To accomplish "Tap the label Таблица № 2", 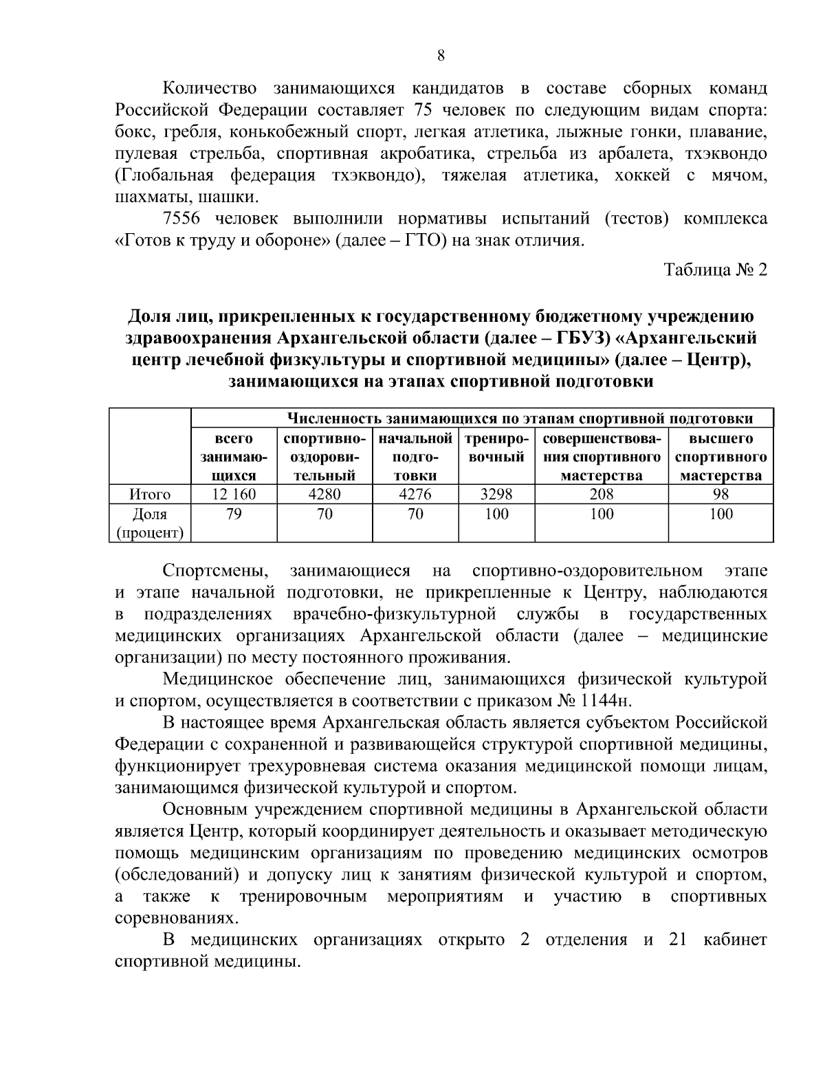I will coord(715,270).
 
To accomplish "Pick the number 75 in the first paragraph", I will coord(424,110).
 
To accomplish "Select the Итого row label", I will coord(150,494).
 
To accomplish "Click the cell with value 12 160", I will coord(234,494).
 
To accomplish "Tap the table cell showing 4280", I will coord(324,494).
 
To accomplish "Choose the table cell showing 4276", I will coord(415,494).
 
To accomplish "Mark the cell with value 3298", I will coord(496,494).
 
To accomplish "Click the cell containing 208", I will coord(602,494).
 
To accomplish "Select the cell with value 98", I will coord(721,494).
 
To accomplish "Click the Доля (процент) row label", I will coord(150,523).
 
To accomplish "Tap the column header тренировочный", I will coord(496,448).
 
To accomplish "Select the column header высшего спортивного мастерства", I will coord(721,457).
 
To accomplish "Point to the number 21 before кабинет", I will coord(679,939).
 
